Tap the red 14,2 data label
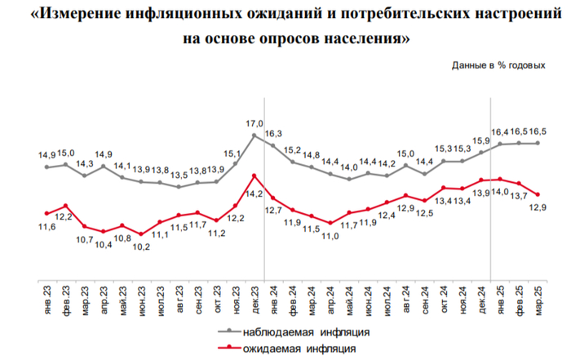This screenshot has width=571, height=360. click(x=255, y=194)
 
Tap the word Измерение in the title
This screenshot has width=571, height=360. click(x=99, y=15)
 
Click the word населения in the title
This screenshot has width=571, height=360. click(x=361, y=38)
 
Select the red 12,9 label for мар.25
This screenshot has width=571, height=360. click(x=538, y=207)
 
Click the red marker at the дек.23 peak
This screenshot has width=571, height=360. click(x=255, y=176)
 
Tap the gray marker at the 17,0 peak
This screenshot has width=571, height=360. click(x=255, y=136)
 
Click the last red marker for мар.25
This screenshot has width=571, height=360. click(x=538, y=194)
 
